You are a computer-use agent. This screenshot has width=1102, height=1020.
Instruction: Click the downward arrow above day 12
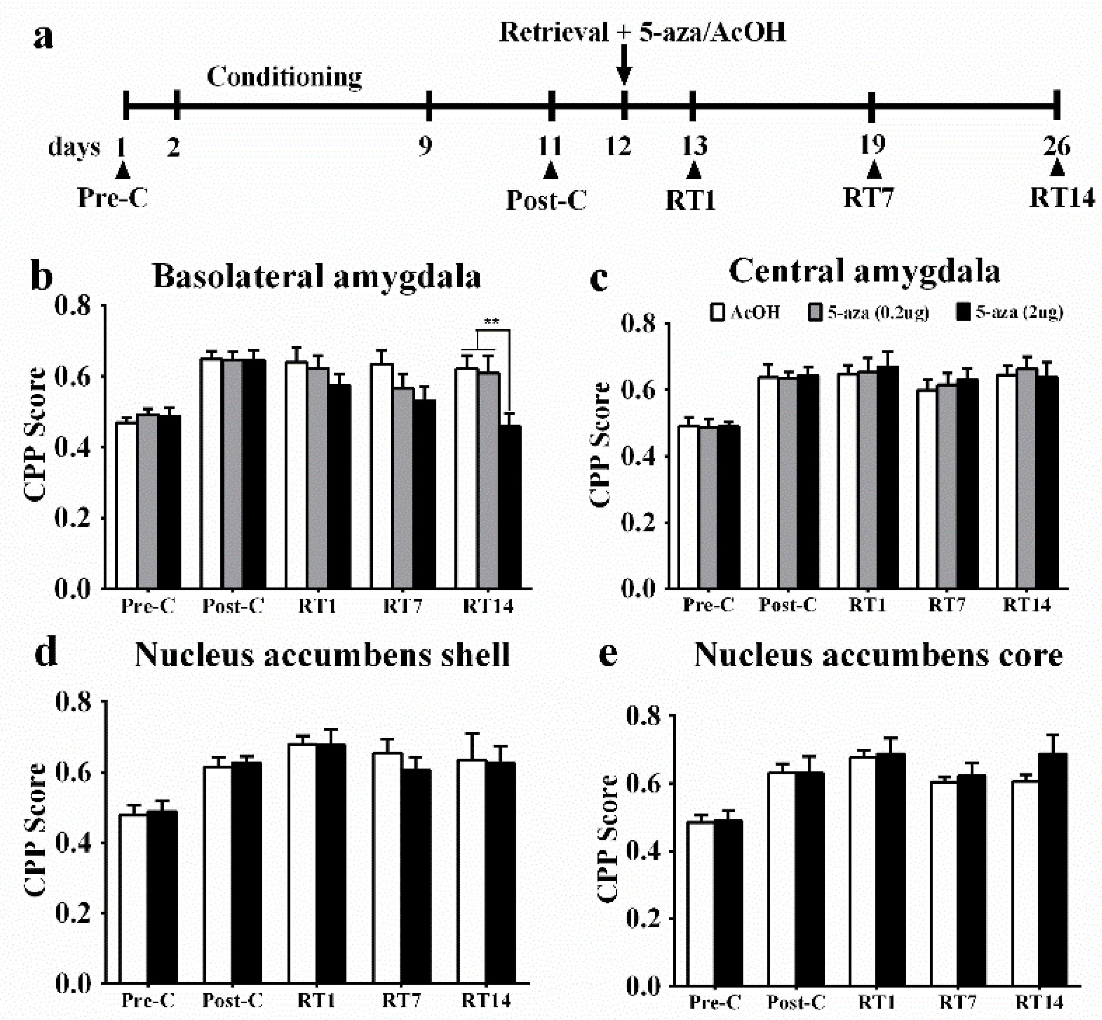(x=623, y=65)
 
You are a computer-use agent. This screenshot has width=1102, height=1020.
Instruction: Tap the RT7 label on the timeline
(x=868, y=197)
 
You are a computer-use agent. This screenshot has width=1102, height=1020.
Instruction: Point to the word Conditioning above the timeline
(x=284, y=77)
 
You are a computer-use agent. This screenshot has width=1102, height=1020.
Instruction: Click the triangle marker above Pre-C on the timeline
(x=122, y=170)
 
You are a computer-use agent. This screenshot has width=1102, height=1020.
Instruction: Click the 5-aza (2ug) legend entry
(x=1010, y=312)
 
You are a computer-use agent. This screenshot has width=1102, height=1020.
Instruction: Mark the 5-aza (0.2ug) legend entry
(x=869, y=312)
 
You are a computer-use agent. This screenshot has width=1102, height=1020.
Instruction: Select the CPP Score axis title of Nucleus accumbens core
(x=608, y=839)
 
